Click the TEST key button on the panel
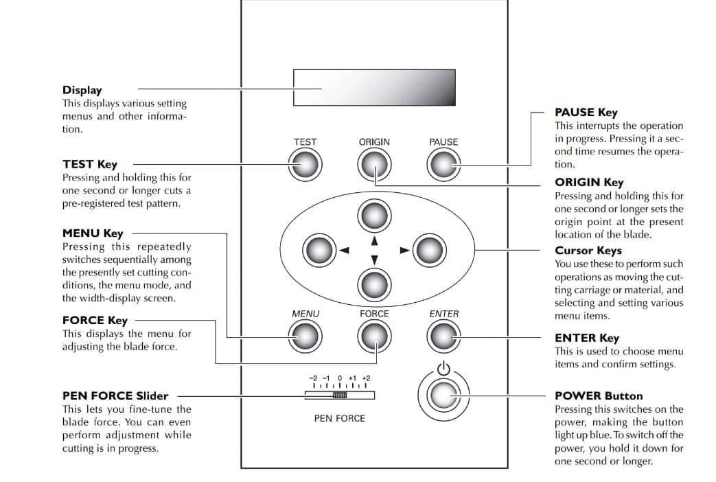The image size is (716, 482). click(x=305, y=164)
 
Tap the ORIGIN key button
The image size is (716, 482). click(x=374, y=164)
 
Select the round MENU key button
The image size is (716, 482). click(x=305, y=336)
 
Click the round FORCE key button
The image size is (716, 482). click(x=374, y=336)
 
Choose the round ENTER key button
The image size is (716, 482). click(x=443, y=336)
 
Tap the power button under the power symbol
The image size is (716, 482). click(x=443, y=395)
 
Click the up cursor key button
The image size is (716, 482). click(x=374, y=216)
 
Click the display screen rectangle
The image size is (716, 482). click(x=374, y=87)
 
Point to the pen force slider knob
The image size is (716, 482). click(x=340, y=395)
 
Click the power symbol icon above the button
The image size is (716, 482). click(x=443, y=369)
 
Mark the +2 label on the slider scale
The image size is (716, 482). click(x=365, y=378)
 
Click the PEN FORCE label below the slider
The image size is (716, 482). click(x=340, y=418)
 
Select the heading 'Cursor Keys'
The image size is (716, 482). click(x=588, y=251)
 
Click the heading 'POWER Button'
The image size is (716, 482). click(x=599, y=396)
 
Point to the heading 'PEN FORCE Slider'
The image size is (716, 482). click(x=115, y=396)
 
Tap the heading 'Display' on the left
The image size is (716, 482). click(x=82, y=90)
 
